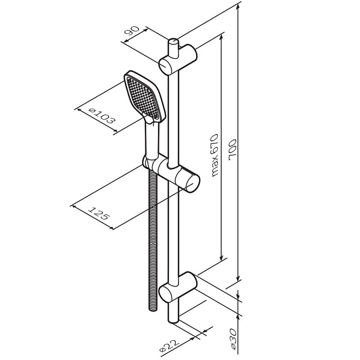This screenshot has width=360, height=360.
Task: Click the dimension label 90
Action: (x=132, y=31)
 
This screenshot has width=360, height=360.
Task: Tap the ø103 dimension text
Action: (x=102, y=117)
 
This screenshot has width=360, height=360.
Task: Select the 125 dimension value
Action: (x=99, y=213)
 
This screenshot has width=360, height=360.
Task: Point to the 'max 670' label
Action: (x=215, y=156)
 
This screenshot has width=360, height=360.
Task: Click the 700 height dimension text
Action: (x=233, y=149)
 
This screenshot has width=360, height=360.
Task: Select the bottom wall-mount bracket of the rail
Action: (x=178, y=288)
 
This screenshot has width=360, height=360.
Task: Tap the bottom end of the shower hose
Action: (x=153, y=310)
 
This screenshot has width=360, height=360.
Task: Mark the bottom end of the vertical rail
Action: (x=173, y=321)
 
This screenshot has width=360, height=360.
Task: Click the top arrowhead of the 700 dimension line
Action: (x=238, y=5)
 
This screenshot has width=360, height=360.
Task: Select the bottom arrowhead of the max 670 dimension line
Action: (x=221, y=256)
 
